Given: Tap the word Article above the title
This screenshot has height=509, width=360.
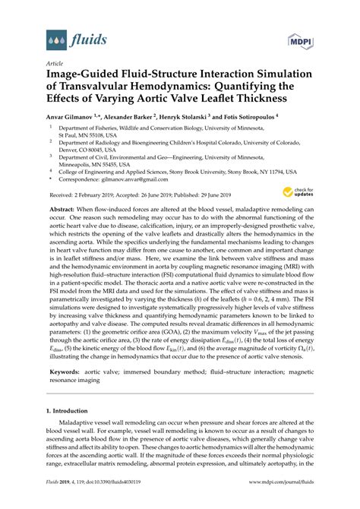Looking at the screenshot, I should (x=54, y=64).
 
